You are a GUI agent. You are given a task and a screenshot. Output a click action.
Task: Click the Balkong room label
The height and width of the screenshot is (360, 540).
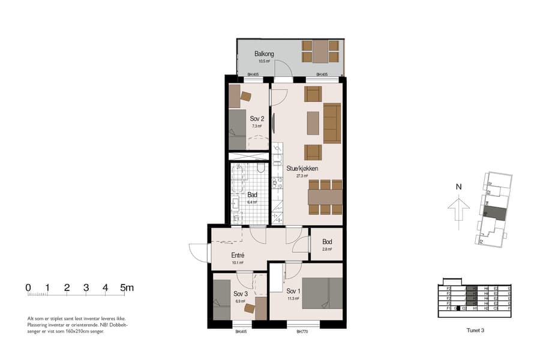(264, 54)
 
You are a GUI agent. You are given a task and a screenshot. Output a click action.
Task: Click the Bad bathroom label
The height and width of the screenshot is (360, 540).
(252, 195)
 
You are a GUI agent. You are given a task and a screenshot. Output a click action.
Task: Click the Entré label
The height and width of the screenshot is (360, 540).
(238, 255)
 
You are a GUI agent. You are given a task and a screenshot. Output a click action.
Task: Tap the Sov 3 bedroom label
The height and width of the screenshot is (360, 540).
(240, 294)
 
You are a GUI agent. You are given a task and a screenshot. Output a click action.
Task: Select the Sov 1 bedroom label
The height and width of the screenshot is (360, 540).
(293, 291)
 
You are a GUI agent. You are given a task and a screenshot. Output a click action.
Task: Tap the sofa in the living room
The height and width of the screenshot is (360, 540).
(332, 123)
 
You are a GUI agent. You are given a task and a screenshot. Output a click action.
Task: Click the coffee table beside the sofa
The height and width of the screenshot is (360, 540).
(313, 123)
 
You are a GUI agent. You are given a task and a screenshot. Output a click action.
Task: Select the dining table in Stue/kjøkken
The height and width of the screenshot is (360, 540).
(325, 197)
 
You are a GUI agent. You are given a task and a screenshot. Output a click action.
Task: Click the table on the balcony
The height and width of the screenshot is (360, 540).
(320, 52)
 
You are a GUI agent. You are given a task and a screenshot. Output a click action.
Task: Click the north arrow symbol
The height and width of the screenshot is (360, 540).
(458, 211)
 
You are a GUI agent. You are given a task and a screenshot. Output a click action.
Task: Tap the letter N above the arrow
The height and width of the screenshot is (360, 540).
(458, 187)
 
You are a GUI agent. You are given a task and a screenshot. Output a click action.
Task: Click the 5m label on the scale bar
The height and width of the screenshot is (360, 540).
(127, 287)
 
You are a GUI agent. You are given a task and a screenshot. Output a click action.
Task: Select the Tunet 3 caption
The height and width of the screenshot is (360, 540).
(475, 330)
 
